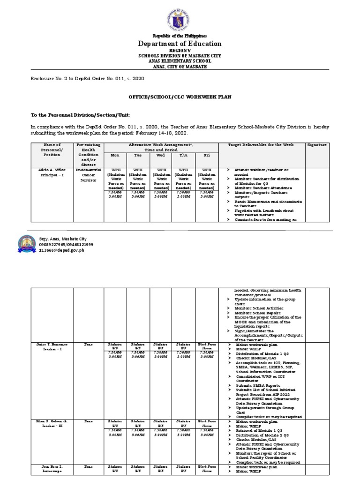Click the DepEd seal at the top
click(x=180, y=16)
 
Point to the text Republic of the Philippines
click(x=180, y=36)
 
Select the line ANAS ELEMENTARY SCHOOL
click(x=180, y=61)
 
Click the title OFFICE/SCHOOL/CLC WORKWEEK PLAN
click(x=180, y=97)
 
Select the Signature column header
click(x=316, y=145)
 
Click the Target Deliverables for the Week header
click(x=261, y=145)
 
